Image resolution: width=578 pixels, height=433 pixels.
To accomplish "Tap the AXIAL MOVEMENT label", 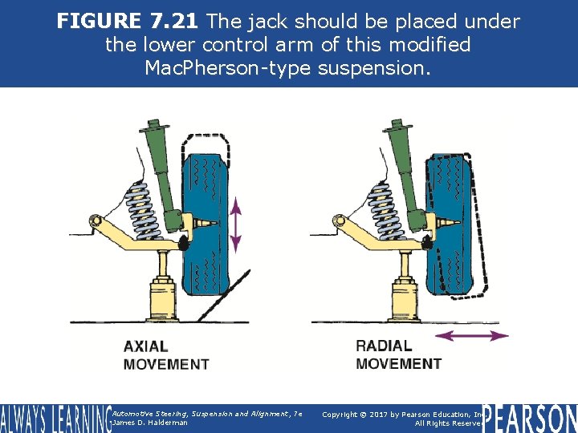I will (165, 355).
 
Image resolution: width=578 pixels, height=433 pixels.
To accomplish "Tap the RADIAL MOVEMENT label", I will (398, 354).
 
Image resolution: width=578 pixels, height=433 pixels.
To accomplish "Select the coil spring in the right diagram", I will (376, 206).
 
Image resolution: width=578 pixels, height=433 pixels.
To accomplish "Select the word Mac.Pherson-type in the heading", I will (228, 68).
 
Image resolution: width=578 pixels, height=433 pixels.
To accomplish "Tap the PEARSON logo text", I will (530, 418).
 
